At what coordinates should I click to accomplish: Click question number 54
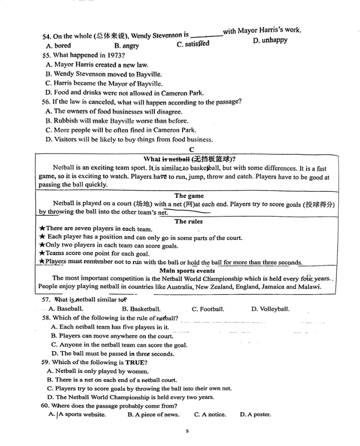(x=46, y=37)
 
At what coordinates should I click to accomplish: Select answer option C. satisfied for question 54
(x=193, y=44)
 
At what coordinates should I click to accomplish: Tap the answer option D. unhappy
(x=270, y=40)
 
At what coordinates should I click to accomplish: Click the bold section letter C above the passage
(x=191, y=149)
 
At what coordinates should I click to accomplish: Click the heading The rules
(x=189, y=221)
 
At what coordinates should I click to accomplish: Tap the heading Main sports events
(x=187, y=270)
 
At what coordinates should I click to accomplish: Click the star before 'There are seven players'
(x=42, y=229)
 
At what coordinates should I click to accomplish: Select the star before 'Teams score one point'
(x=42, y=254)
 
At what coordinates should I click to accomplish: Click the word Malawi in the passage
(x=310, y=287)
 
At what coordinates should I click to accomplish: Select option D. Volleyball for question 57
(x=270, y=309)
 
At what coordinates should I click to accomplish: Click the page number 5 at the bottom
(x=187, y=431)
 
